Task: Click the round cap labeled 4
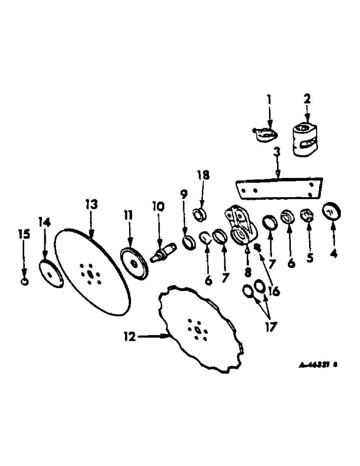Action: coord(332,212)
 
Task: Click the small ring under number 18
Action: coord(201,214)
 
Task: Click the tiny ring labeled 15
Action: coord(25,281)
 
